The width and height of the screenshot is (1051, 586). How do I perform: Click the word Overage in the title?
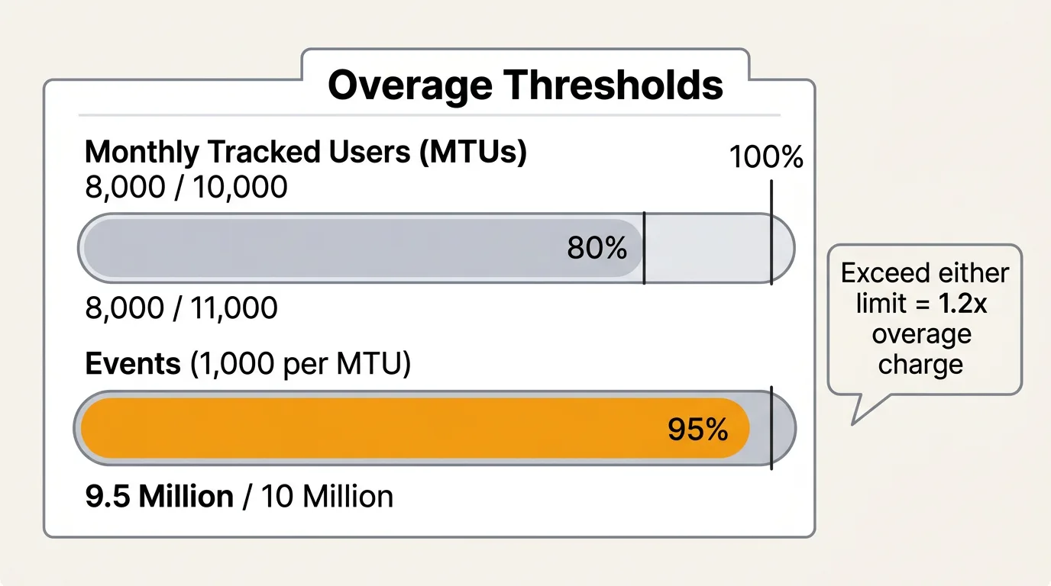(410, 85)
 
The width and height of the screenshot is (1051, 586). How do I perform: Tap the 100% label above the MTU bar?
(766, 156)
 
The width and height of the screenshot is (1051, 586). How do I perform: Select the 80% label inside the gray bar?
(597, 247)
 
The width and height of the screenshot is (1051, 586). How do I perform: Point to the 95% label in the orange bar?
(697, 429)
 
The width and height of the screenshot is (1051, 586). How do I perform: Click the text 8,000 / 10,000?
(186, 187)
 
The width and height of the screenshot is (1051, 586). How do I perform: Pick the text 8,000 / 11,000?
(181, 308)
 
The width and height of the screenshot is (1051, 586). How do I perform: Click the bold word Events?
(133, 363)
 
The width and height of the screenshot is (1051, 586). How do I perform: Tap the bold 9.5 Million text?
(160, 496)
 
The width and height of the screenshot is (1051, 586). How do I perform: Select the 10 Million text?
(327, 496)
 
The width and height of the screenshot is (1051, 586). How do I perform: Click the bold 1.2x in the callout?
(963, 304)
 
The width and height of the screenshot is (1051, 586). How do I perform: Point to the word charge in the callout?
(920, 365)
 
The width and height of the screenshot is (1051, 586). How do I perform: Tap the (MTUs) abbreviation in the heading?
(473, 153)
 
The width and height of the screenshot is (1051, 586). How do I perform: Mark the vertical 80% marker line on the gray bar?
(644, 248)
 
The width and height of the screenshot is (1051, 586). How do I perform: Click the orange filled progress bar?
(416, 428)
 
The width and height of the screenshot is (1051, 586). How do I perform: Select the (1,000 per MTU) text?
(300, 364)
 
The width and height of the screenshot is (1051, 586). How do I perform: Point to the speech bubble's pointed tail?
(853, 424)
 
